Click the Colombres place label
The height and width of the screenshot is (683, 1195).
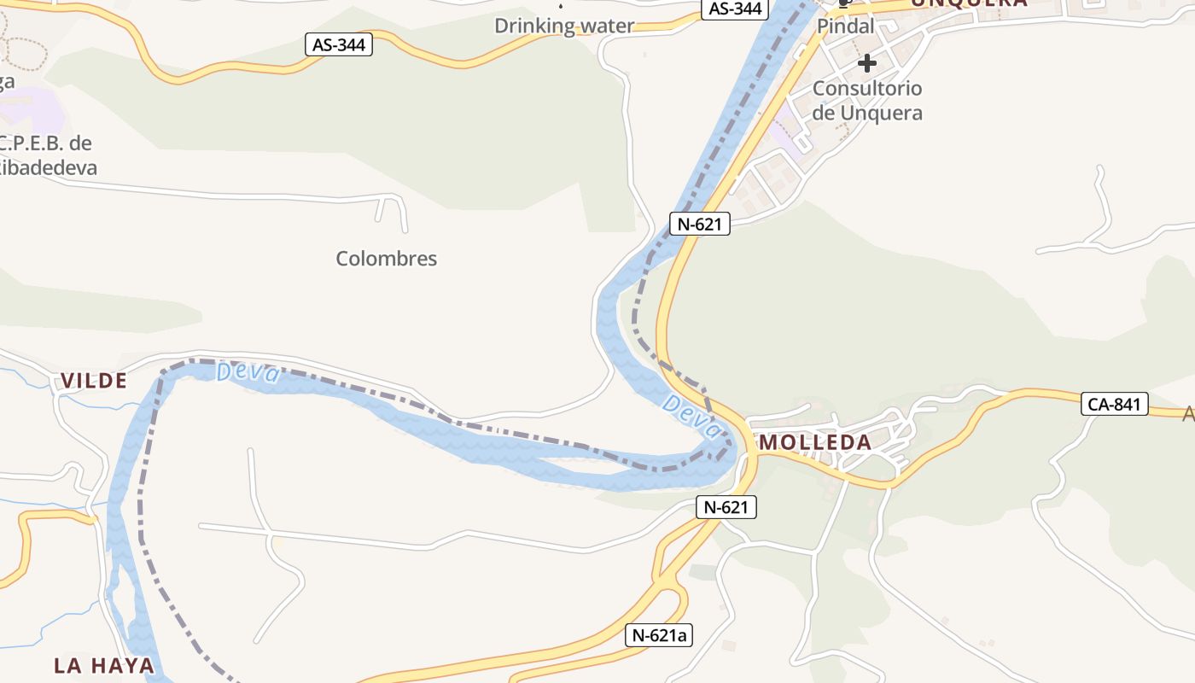click(386, 259)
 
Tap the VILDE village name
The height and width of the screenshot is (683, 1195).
click(94, 382)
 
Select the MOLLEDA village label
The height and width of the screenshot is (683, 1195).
click(815, 442)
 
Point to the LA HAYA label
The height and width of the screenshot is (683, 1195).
click(104, 665)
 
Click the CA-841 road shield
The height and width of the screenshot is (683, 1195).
click(1115, 404)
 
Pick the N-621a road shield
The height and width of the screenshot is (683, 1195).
click(659, 635)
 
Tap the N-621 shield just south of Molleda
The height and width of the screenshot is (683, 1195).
click(726, 507)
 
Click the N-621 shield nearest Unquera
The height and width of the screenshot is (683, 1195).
click(700, 225)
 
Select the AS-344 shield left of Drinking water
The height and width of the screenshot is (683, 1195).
click(339, 45)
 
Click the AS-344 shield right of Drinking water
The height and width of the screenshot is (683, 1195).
click(735, 9)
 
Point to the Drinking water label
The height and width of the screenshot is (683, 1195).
click(564, 26)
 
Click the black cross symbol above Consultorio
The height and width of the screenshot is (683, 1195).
click(867, 62)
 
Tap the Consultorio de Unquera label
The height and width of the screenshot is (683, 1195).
click(867, 100)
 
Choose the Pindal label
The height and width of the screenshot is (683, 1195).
click(846, 26)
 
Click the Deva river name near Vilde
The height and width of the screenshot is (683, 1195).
click(248, 372)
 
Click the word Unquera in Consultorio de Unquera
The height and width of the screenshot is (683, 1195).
click(881, 113)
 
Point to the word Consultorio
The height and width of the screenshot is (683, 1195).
click(867, 88)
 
